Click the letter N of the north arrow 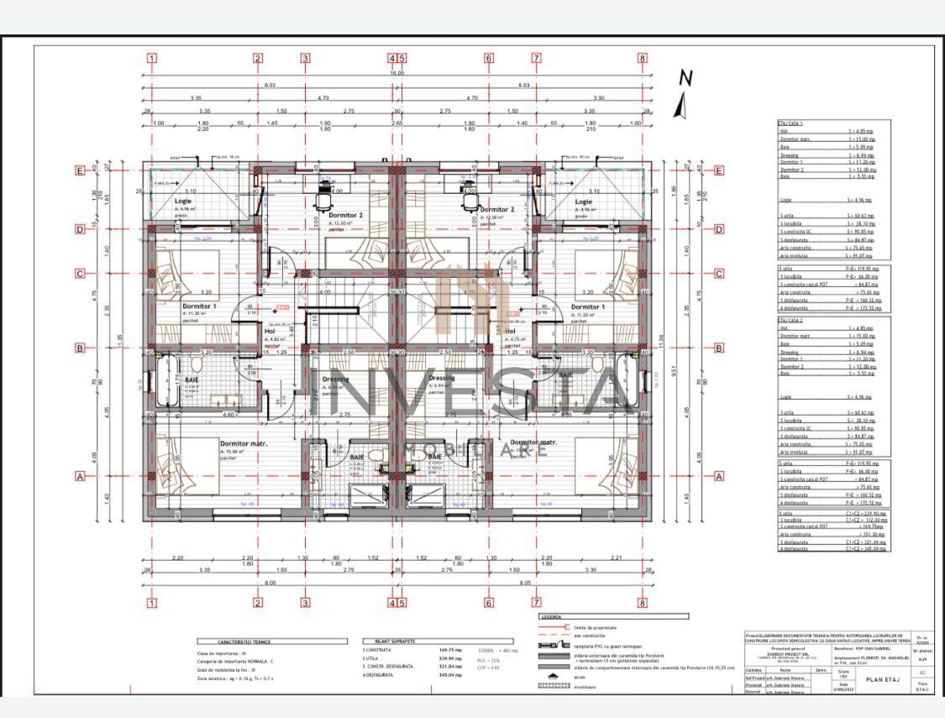[686, 77]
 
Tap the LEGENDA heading [552, 616]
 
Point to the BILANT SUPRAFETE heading [391, 641]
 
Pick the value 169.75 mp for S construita [450, 650]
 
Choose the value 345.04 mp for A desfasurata [450, 674]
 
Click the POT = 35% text [489, 661]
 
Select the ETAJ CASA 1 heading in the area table [790, 123]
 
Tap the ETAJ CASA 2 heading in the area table [790, 320]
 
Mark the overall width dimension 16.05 [396, 73]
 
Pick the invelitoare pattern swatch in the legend [553, 686]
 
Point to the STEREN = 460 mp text [498, 650]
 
